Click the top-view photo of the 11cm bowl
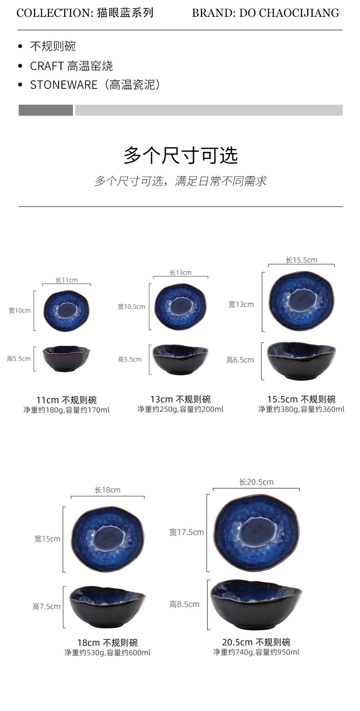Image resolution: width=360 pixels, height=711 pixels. click(66, 311)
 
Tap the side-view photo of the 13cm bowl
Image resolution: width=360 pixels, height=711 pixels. click(180, 359)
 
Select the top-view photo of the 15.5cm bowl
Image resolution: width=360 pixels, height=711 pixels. click(301, 301)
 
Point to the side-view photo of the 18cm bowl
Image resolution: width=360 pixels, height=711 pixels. click(107, 607)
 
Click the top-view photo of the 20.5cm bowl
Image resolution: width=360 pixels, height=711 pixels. click(256, 532)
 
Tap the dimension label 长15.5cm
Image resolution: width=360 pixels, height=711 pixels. click(301, 260)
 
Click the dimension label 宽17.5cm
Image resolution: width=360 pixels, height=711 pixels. click(186, 532)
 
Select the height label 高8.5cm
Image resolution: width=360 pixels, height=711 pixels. click(184, 604)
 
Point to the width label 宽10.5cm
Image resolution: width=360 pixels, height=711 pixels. click(132, 307)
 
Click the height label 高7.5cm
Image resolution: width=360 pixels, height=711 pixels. click(47, 607)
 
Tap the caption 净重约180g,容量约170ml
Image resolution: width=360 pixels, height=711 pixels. click(66, 410)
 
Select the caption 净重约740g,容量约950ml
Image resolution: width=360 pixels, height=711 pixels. click(256, 652)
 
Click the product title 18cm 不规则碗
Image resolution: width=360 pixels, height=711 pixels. click(107, 642)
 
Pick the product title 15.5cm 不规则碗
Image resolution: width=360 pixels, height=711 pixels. click(301, 399)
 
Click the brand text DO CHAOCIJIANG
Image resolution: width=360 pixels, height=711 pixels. click(289, 13)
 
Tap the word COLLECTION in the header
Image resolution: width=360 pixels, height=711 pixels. click(53, 13)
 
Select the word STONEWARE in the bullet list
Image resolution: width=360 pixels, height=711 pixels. click(63, 85)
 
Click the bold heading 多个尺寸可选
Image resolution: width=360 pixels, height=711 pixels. click(180, 155)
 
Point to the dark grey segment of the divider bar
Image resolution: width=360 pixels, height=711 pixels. click(46, 110)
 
